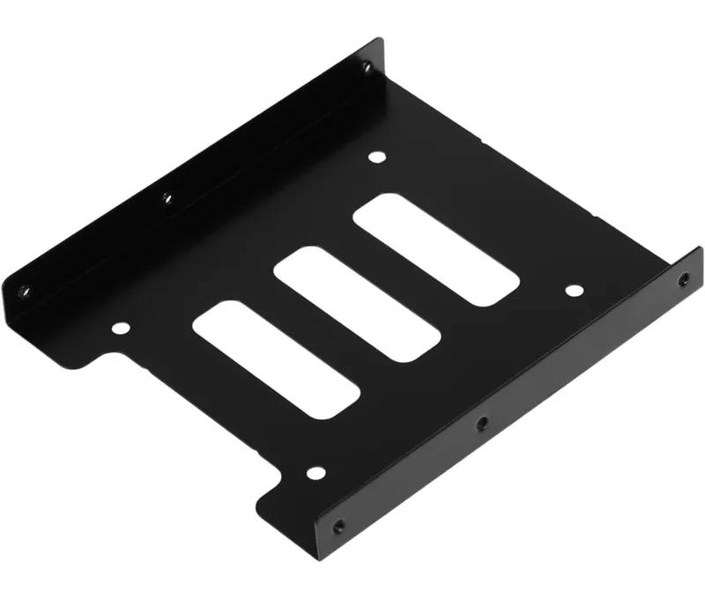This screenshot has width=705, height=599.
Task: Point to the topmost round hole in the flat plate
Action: pos(377,159)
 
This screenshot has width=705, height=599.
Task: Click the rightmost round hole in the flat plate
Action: pos(572,291)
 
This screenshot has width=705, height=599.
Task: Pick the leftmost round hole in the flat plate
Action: pos(120,329)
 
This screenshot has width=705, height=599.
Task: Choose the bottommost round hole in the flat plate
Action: pos(315,473)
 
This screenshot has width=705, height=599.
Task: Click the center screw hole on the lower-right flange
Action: pos(481,425)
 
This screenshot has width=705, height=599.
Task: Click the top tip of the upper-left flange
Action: pos(380,40)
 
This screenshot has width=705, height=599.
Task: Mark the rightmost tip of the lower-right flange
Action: pos(701,255)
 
